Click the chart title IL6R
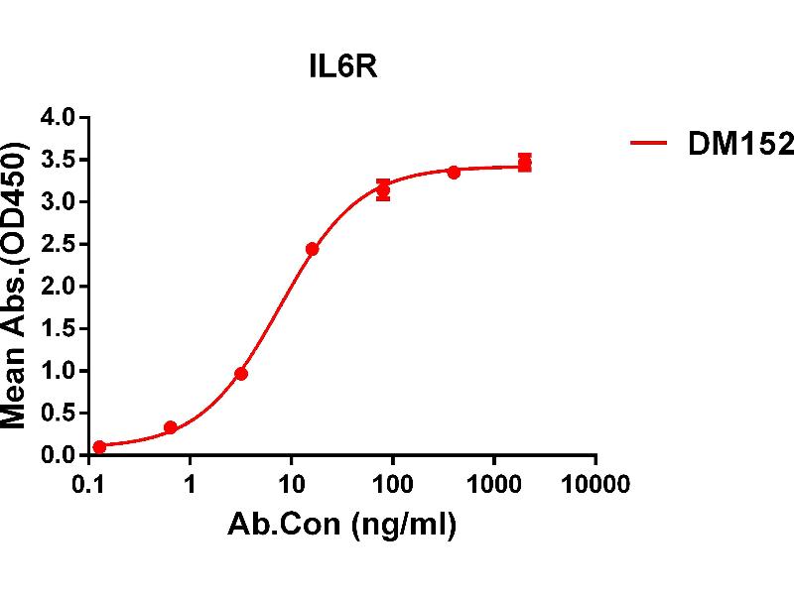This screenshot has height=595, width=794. tap(340, 68)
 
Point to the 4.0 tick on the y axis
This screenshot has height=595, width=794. tap(58, 118)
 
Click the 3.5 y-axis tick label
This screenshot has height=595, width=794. tap(58, 160)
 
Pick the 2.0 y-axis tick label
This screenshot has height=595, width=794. tap(58, 287)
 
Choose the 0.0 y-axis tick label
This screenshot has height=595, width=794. tap(58, 455)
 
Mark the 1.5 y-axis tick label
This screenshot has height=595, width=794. tap(58, 328)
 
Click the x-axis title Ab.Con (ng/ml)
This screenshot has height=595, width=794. tap(342, 526)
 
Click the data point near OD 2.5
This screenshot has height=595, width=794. tap(312, 249)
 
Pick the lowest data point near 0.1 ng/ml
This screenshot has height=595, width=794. tap(99, 447)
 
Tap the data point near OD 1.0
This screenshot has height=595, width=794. tap(241, 374)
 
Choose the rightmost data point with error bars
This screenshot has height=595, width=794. tap(524, 163)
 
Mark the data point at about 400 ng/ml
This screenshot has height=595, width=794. tap(454, 172)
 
